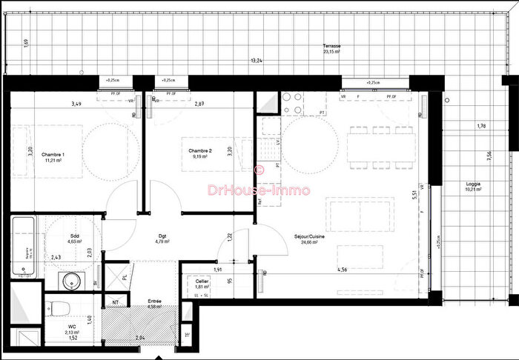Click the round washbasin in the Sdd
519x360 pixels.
(72, 281)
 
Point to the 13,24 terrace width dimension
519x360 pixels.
(256, 61)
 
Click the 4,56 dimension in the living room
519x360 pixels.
(343, 270)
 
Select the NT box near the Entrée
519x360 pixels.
(116, 302)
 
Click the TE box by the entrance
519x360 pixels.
(186, 333)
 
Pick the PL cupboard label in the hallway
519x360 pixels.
(125, 278)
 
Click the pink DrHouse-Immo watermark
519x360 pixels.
(259, 190)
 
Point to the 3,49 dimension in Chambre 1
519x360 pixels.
(76, 104)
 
